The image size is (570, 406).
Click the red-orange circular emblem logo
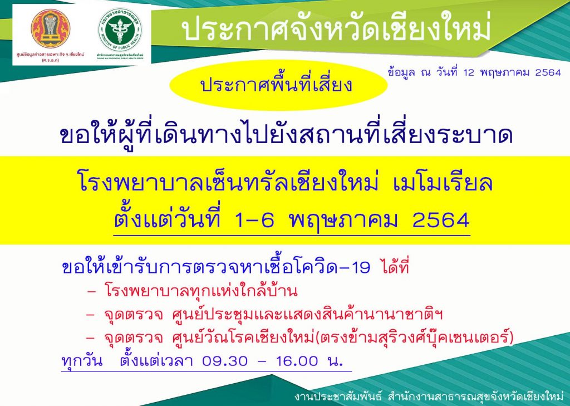50,29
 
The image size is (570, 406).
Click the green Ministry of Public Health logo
120,30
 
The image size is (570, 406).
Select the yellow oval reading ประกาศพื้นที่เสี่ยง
278,85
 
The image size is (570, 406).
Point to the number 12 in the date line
469,72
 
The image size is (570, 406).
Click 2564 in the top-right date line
548,72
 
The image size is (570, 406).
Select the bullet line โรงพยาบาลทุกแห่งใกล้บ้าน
193,291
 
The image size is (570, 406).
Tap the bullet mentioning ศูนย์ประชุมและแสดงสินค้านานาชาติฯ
264,315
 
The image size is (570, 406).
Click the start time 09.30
224,361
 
